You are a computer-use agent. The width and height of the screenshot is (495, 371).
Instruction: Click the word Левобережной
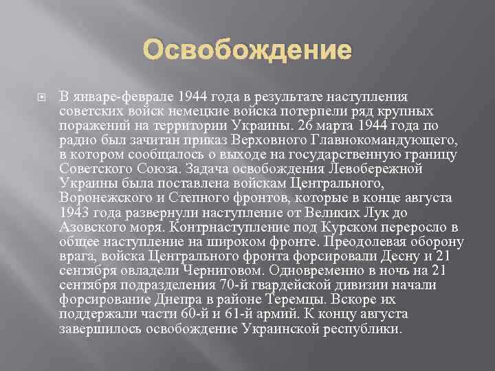tap(376, 168)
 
